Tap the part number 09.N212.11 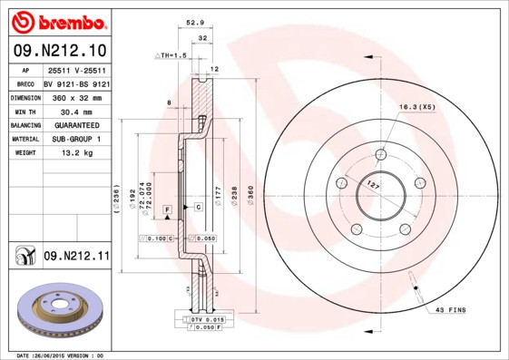click(x=76, y=258)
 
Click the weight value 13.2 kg click(x=77, y=153)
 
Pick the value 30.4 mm click(x=77, y=110)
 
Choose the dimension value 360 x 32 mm click(x=77, y=96)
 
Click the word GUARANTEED click(x=77, y=124)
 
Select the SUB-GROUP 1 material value click(x=77, y=139)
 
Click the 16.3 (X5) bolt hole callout click(x=416, y=106)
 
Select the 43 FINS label click(x=450, y=310)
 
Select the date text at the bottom click(x=61, y=355)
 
